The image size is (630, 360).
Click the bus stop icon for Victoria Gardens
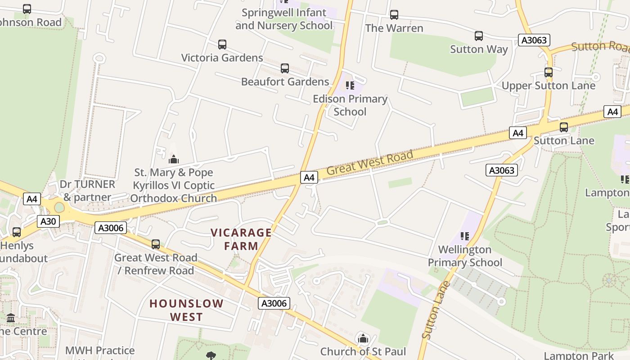coord(222,45)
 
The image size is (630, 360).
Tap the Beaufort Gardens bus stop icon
coord(284,68)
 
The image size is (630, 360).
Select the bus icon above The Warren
coord(394,15)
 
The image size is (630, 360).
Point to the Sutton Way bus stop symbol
coord(478,36)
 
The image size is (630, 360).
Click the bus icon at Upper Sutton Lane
coord(548,72)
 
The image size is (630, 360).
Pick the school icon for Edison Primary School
coord(350,85)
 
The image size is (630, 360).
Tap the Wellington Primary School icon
coord(464,236)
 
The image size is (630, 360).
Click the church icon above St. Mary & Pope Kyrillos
coord(173,159)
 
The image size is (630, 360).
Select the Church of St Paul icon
coord(362,338)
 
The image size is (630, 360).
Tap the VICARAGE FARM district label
coord(241,239)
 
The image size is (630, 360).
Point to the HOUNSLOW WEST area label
coord(186,310)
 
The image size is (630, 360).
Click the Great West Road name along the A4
coord(369,162)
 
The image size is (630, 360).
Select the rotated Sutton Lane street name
coord(434,310)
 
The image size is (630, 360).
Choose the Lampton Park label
coord(578,355)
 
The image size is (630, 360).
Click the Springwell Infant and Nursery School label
coord(284,19)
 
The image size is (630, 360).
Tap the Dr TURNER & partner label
coord(87,190)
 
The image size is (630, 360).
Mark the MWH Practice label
coord(99,351)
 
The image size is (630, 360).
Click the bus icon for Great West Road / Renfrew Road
coord(155,244)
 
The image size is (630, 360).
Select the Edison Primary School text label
coord(350,105)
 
